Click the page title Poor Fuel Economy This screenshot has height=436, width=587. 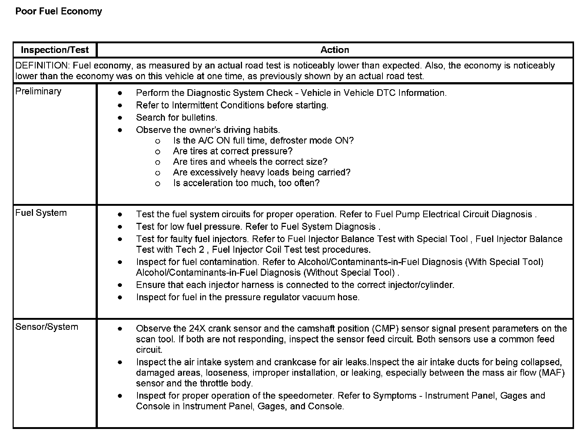point(59,11)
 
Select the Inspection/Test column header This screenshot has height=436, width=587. point(55,50)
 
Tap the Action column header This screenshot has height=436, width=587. point(335,50)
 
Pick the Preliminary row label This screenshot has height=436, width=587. point(38,91)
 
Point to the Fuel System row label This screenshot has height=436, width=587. point(41,213)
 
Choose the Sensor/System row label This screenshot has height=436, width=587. point(47,327)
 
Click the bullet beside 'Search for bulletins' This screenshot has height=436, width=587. point(120,118)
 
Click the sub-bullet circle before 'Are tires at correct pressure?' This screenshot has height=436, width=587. point(157,151)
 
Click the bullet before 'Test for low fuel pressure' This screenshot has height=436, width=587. point(120,227)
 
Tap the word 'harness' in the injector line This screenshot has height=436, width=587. point(257,285)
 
